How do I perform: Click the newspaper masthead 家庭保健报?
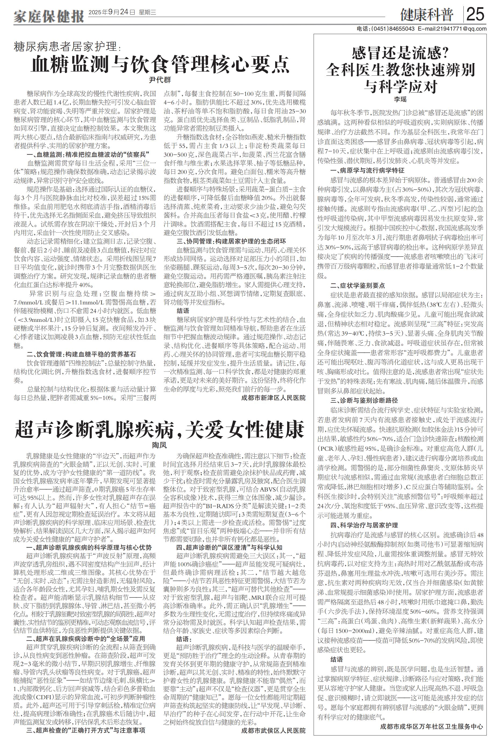pyautogui.click(x=48, y=15)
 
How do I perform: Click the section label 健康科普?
pyautogui.click(x=427, y=15)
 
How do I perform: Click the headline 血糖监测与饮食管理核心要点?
pyautogui.click(x=160, y=64)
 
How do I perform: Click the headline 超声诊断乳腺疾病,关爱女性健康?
pyautogui.click(x=159, y=429)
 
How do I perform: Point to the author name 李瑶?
pyautogui.click(x=400, y=99)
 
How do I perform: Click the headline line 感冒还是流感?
pyautogui.click(x=400, y=53)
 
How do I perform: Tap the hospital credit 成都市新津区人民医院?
pyautogui.click(x=273, y=398)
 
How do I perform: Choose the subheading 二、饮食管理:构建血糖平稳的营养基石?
pyautogui.click(x=81, y=354)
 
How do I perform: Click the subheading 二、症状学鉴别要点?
pyautogui.click(x=357, y=285)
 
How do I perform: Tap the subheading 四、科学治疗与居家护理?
pyautogui.click(x=364, y=525)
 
